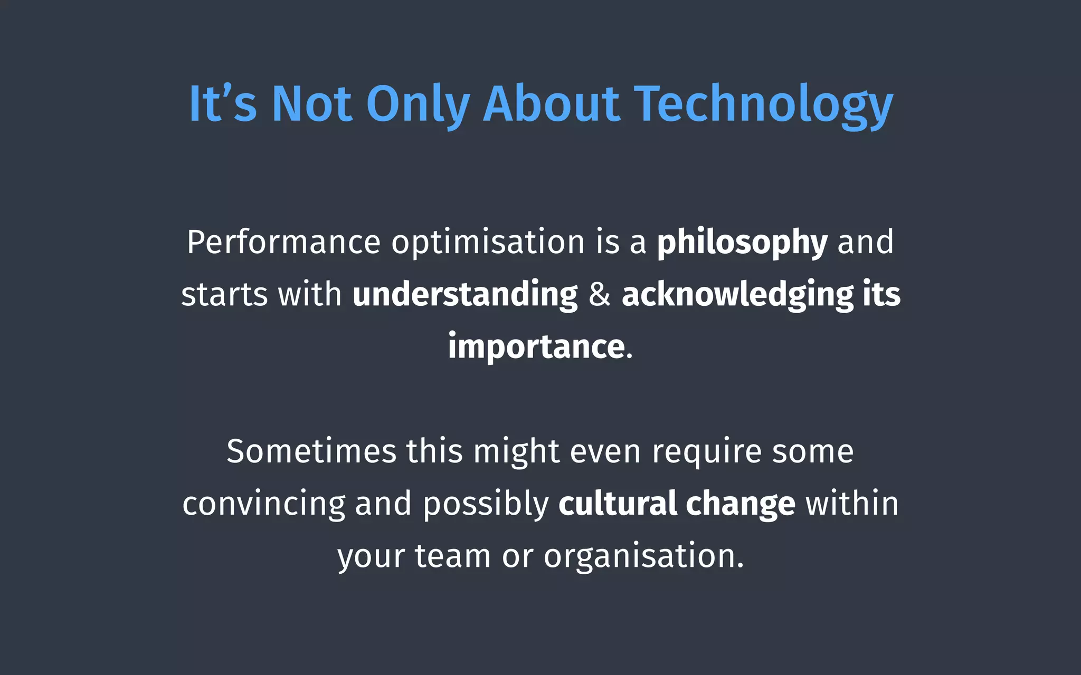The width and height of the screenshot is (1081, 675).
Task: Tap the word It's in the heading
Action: [x=222, y=104]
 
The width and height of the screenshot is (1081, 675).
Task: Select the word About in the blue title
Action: [x=551, y=104]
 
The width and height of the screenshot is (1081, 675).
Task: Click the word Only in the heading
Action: [x=418, y=104]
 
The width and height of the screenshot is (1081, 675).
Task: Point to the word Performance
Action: [x=283, y=243]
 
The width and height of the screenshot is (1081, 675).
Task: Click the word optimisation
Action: [x=488, y=243]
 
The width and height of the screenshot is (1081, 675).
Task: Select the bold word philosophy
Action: [x=742, y=243]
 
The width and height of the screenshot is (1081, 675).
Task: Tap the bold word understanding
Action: [x=465, y=295]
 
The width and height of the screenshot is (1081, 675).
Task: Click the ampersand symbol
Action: [x=600, y=295]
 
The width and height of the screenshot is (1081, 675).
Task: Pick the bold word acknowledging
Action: [x=737, y=295]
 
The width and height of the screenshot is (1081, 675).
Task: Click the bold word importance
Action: [x=536, y=347]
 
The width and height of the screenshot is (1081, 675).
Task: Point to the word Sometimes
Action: [x=311, y=452]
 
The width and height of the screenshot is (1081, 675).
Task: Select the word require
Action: [x=706, y=452]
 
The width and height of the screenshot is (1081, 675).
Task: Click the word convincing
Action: [x=263, y=504]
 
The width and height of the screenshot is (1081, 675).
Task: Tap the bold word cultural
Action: [x=618, y=504]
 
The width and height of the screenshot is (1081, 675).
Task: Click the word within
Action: [x=851, y=504]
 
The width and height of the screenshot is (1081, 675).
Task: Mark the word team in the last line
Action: [x=452, y=556]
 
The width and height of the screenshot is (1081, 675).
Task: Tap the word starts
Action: [x=224, y=295]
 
